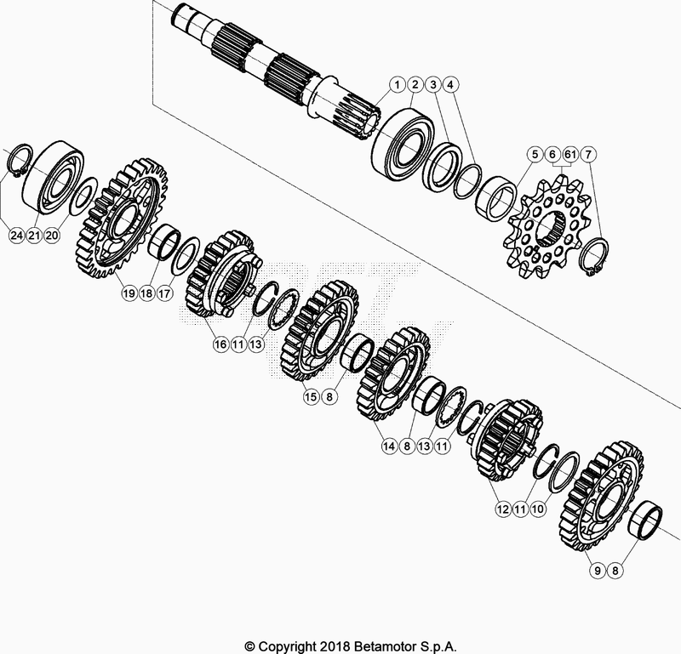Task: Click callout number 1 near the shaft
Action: pos(397,84)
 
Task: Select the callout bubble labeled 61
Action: pos(569,154)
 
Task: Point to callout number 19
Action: pos(129,293)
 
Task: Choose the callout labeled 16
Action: pos(220,344)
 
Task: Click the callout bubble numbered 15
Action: pos(312,395)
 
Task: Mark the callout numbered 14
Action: pos(391,445)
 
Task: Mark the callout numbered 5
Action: pos(534,154)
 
